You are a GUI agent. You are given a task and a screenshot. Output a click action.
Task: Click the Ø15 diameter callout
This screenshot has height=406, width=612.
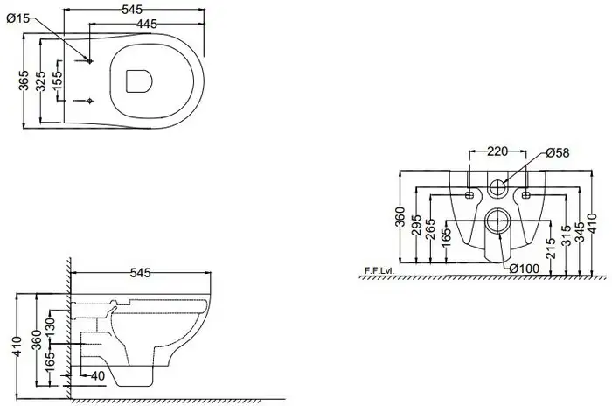point(18,18)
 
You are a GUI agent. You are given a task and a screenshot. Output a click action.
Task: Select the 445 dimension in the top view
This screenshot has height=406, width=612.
point(147,24)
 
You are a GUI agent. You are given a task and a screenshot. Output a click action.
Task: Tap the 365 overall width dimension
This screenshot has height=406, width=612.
point(24,80)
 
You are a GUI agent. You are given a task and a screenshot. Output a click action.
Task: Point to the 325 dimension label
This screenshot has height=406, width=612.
point(40,80)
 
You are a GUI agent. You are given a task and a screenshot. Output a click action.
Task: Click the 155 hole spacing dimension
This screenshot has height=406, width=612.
point(57,80)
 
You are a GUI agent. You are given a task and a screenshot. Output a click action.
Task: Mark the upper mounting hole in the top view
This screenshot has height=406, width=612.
point(90,61)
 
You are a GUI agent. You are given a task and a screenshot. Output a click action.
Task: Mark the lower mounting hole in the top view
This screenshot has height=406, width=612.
point(90,101)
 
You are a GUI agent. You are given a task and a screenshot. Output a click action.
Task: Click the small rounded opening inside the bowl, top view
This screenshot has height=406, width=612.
point(139,82)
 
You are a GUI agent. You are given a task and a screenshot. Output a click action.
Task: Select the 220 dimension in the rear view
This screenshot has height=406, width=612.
point(497,151)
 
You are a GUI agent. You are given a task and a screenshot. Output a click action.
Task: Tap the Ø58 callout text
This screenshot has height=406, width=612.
point(558,153)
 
